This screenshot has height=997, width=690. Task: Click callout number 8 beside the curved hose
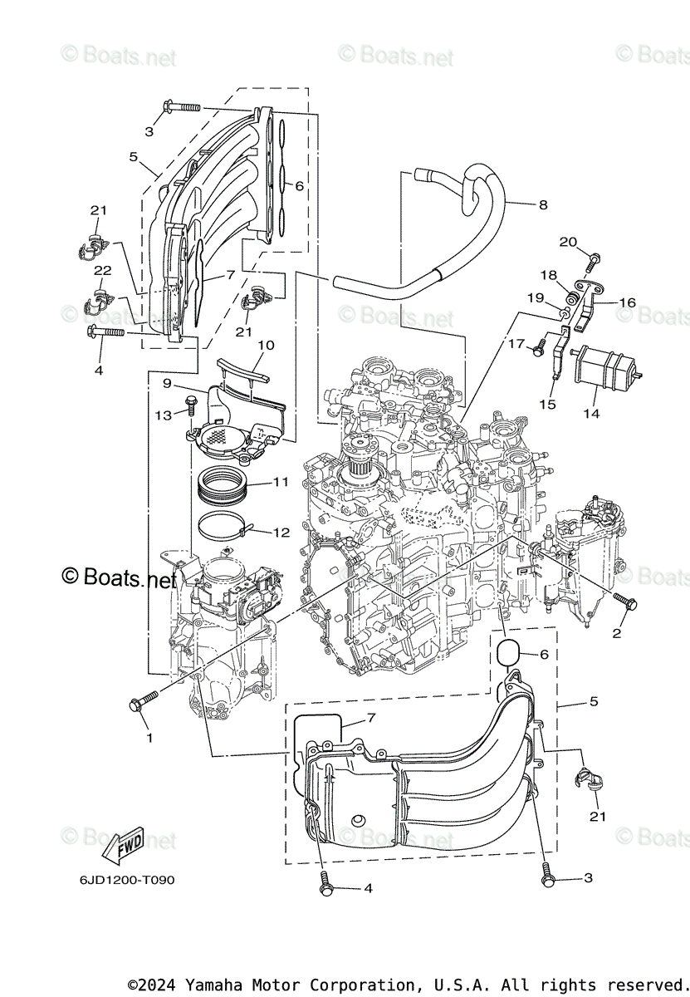543,204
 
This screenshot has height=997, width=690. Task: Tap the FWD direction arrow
123,847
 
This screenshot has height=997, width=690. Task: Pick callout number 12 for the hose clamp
281,531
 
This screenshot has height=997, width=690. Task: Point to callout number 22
102,271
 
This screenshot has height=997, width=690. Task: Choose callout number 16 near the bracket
627,302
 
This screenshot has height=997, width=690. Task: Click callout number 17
516,342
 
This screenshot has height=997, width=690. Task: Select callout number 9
167,384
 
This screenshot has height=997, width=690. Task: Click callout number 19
536,297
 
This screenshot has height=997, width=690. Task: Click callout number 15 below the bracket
547,404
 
